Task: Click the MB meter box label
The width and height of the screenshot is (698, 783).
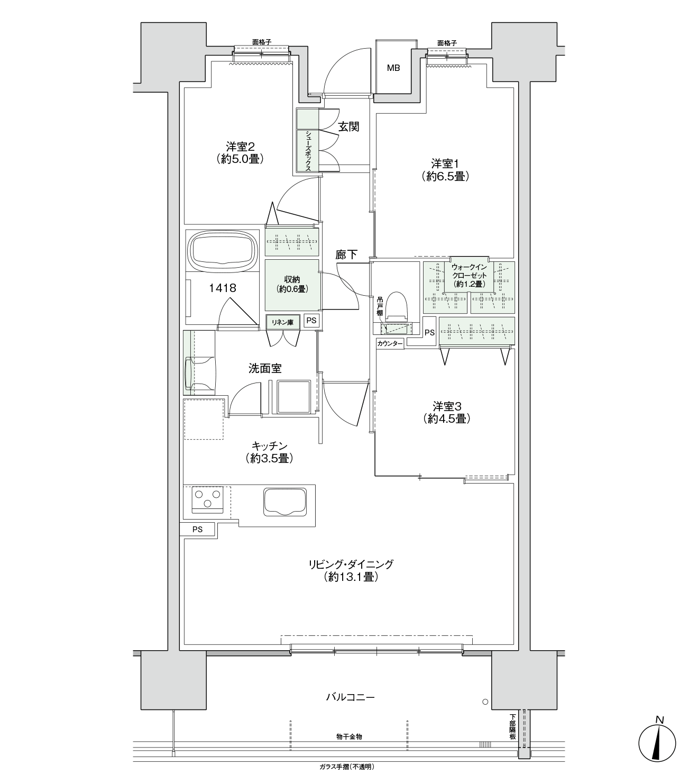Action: [x=393, y=68]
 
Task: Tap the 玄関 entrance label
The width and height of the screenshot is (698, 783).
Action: [x=348, y=126]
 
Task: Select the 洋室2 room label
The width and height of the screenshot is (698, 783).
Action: [x=240, y=147]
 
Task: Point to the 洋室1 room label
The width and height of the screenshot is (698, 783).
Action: [x=445, y=163]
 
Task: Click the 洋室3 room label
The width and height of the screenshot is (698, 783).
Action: [x=447, y=406]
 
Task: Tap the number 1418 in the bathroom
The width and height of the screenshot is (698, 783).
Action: [x=223, y=288]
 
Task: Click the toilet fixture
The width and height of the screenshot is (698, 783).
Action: [x=397, y=306]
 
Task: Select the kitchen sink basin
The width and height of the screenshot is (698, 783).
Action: [x=285, y=502]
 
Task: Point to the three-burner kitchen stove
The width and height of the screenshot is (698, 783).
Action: [x=207, y=499]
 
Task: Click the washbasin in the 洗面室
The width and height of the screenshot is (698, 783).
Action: [x=199, y=373]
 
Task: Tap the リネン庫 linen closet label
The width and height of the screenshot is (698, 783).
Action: [x=282, y=322]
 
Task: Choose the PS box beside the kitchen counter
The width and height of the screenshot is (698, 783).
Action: [x=197, y=530]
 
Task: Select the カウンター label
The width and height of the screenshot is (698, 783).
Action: [x=390, y=343]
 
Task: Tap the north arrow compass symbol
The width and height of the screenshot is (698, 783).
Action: [x=657, y=743]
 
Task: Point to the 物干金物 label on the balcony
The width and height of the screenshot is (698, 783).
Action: [x=349, y=736]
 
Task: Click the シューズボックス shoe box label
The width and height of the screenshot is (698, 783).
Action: [x=308, y=151]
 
